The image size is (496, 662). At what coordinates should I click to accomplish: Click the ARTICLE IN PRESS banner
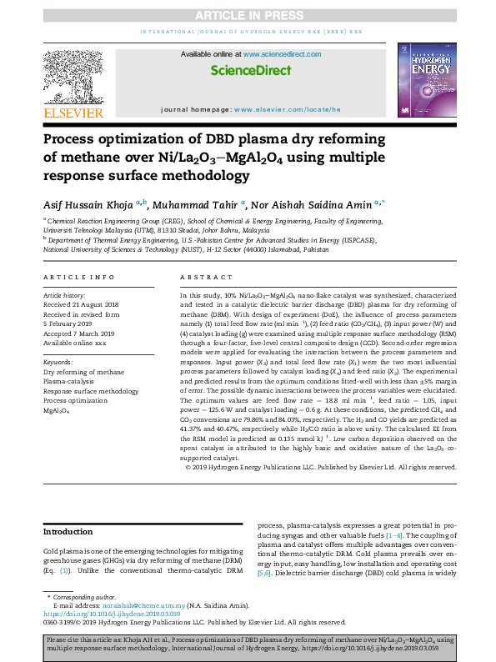(248, 15)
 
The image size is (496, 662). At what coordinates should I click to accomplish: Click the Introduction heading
(68, 531)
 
